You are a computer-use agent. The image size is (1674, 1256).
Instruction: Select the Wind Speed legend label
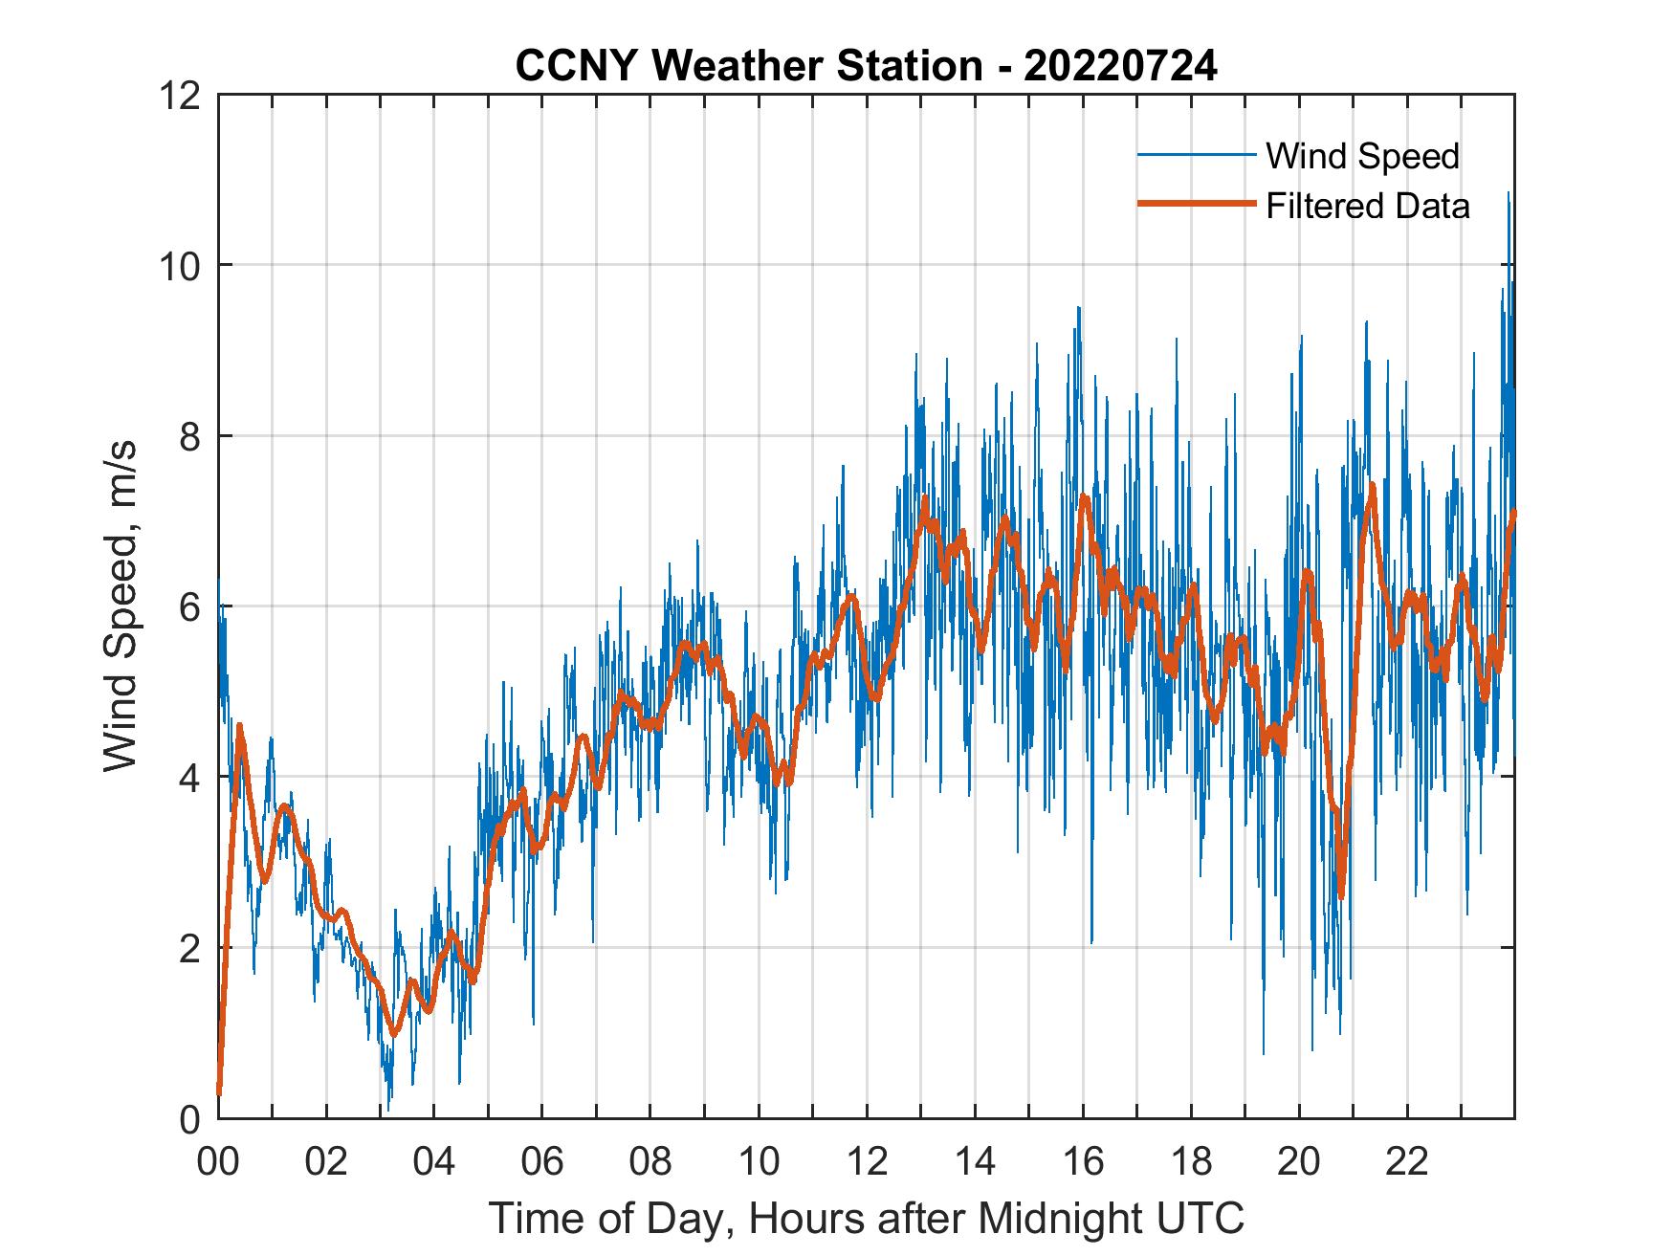[x=1362, y=156]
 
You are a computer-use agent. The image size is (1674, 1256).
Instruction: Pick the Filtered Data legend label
[x=1367, y=206]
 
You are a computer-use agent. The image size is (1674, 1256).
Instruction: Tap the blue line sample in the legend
[x=1196, y=155]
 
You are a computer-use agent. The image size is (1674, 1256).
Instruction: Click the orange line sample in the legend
[x=1196, y=204]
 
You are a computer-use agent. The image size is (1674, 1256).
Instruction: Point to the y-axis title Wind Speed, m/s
[x=121, y=606]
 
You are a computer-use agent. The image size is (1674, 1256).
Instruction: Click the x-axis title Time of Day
[x=867, y=1218]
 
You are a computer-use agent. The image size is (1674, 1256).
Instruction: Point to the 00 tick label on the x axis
[x=218, y=1162]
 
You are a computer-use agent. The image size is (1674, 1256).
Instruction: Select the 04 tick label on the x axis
[x=434, y=1162]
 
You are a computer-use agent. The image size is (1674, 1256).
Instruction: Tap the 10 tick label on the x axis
[x=759, y=1162]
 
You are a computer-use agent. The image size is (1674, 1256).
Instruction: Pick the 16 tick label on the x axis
[x=1083, y=1162]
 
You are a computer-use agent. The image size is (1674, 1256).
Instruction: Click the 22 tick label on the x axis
[x=1407, y=1162]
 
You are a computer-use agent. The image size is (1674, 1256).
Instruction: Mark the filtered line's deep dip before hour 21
[x=1341, y=894]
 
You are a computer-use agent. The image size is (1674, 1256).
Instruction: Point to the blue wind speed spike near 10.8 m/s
[x=1509, y=194]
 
